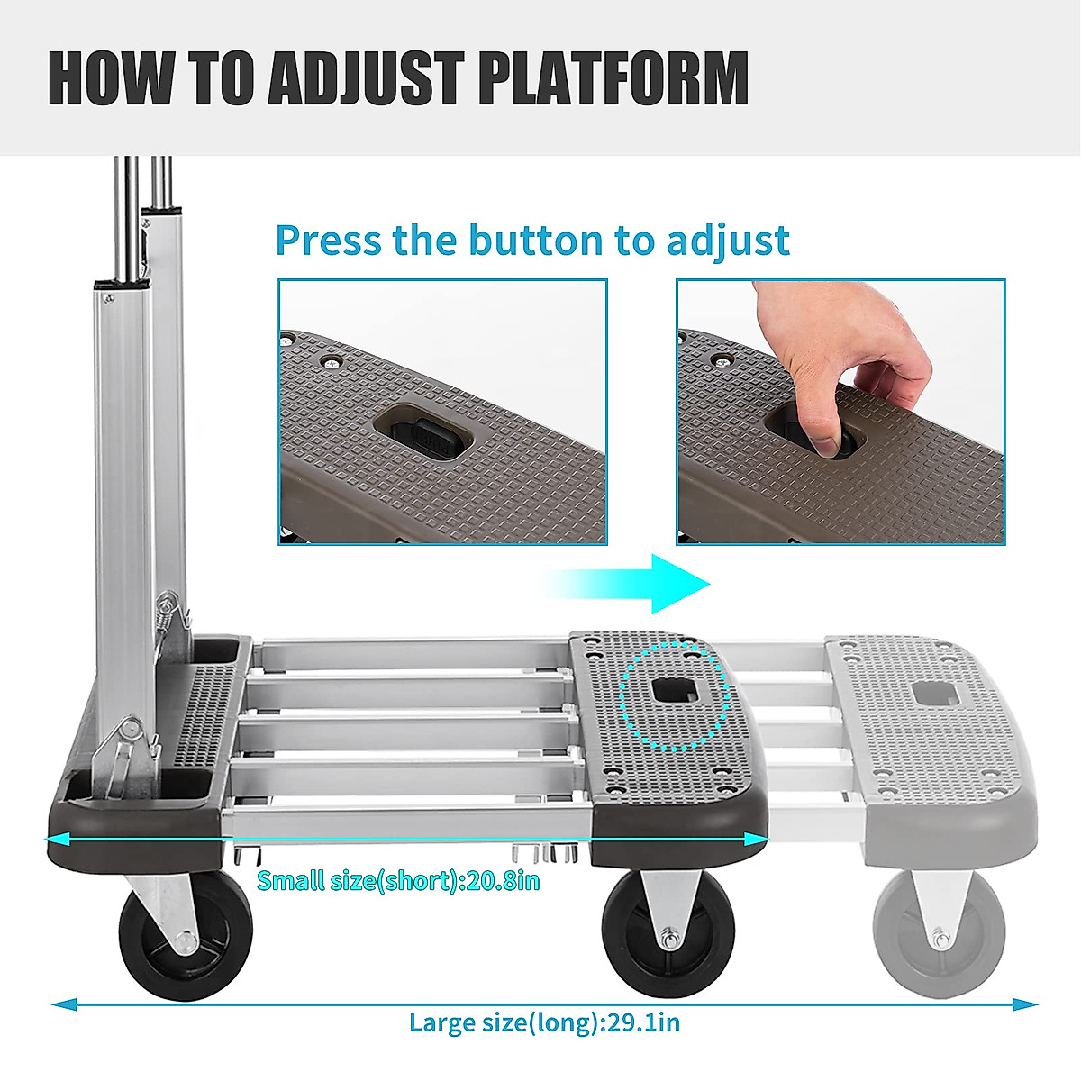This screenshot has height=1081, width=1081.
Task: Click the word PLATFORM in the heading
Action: (x=613, y=78)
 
